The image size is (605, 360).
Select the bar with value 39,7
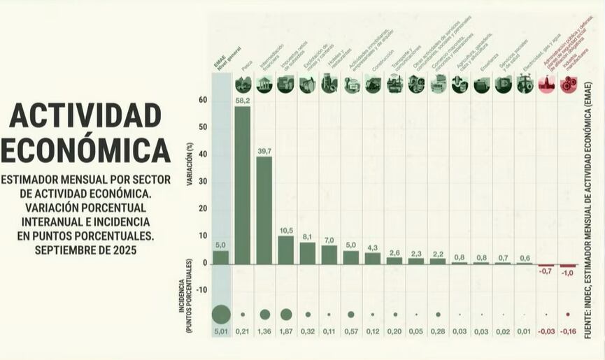(264, 210)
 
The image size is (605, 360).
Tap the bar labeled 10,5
(286, 250)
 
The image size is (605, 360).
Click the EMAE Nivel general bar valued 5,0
(221, 257)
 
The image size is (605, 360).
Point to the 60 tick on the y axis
(203, 100)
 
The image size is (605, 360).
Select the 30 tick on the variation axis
(203, 182)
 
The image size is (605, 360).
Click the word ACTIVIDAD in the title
(85, 115)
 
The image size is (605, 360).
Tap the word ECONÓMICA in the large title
(85, 149)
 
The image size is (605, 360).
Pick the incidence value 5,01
(221, 332)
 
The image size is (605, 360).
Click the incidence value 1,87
(286, 332)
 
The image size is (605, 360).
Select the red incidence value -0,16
(568, 332)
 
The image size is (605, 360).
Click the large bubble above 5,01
(221, 314)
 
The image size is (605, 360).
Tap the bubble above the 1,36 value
(264, 315)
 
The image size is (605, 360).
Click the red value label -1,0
(568, 273)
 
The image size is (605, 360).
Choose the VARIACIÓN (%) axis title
(190, 164)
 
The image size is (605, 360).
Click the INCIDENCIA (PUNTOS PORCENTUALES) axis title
(190, 294)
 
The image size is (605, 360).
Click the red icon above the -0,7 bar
(546, 85)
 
